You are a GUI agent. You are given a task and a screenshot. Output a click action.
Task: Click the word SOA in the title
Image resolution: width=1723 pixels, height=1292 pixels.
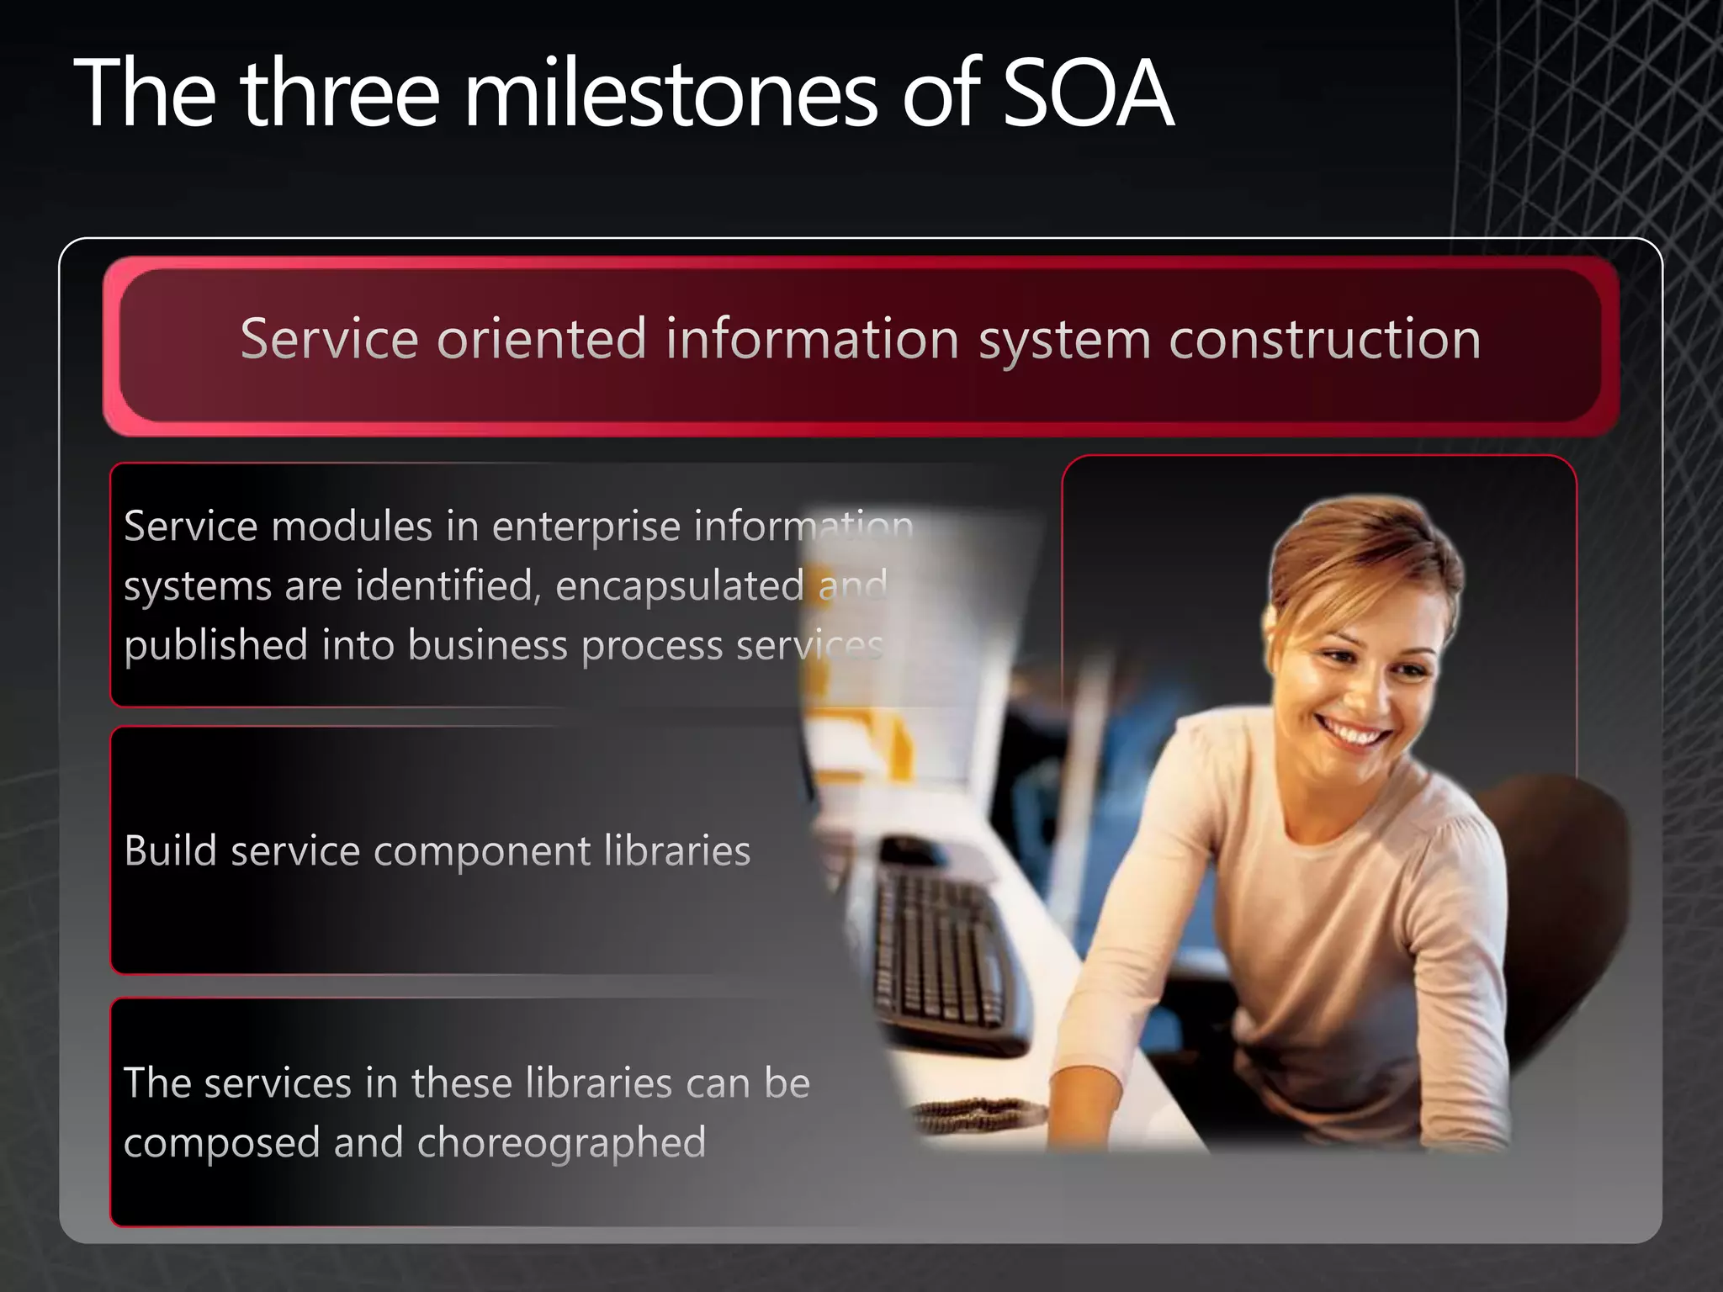[1087, 93]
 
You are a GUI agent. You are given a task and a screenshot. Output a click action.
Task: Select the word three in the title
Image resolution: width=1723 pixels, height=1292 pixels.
[340, 93]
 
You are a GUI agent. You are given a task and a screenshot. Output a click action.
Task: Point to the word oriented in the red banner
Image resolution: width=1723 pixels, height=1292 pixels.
[542, 340]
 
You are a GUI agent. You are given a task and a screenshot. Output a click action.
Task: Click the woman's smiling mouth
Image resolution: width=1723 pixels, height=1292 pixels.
[1355, 730]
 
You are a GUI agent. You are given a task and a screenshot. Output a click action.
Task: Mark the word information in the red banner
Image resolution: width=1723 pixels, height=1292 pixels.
[812, 340]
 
